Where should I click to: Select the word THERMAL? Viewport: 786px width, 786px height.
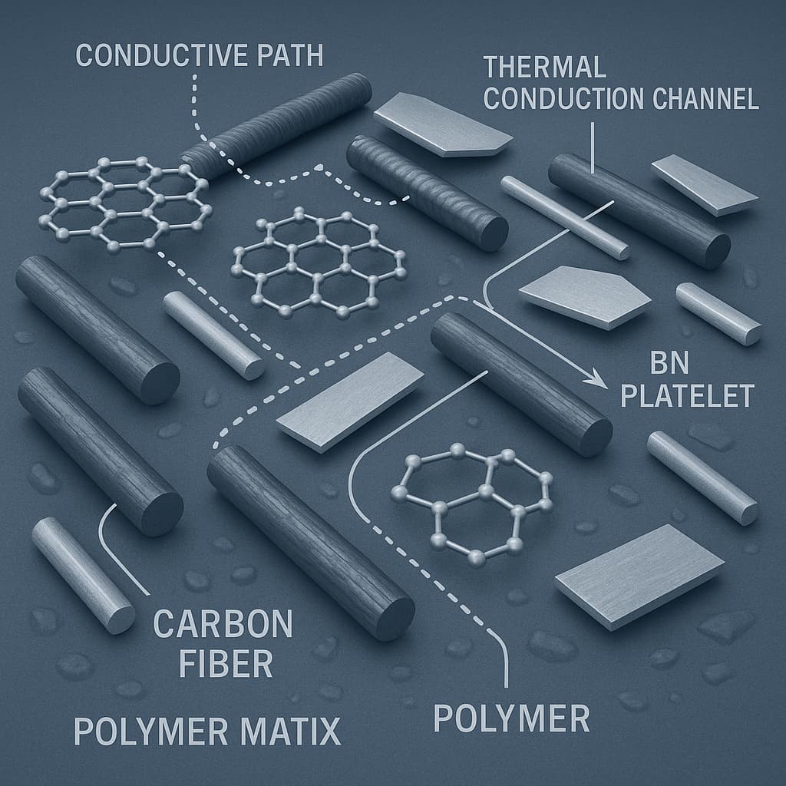click(x=545, y=67)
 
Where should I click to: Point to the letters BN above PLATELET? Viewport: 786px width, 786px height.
click(x=669, y=363)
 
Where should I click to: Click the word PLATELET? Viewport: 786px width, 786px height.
click(x=688, y=396)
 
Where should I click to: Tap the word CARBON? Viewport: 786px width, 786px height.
click(x=223, y=624)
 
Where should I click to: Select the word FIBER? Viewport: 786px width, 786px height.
click(x=226, y=663)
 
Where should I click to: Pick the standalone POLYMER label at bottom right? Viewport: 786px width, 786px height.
click(x=511, y=718)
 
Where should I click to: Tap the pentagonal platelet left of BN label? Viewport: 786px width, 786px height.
click(x=584, y=297)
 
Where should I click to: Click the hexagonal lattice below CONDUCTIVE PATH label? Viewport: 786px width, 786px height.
click(x=125, y=203)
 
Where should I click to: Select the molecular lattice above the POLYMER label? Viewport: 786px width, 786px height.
click(x=472, y=504)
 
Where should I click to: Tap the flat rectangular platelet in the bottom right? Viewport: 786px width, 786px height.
click(x=639, y=576)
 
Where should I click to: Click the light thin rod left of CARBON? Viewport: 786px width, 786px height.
click(x=83, y=576)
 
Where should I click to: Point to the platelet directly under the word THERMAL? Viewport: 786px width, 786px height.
click(x=443, y=124)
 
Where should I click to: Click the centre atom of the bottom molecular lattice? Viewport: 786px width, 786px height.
click(x=486, y=490)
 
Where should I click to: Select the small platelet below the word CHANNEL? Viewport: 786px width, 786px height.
click(x=705, y=185)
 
